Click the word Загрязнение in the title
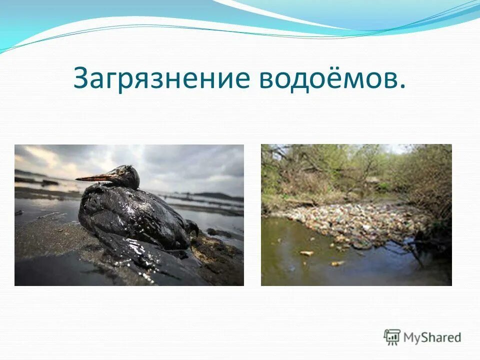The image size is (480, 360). pyautogui.click(x=161, y=78)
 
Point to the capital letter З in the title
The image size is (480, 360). pyautogui.click(x=82, y=78)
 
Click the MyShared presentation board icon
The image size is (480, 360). pyautogui.click(x=392, y=336)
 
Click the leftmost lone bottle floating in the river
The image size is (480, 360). pyautogui.click(x=306, y=253)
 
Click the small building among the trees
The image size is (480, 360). pyautogui.click(x=372, y=180)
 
